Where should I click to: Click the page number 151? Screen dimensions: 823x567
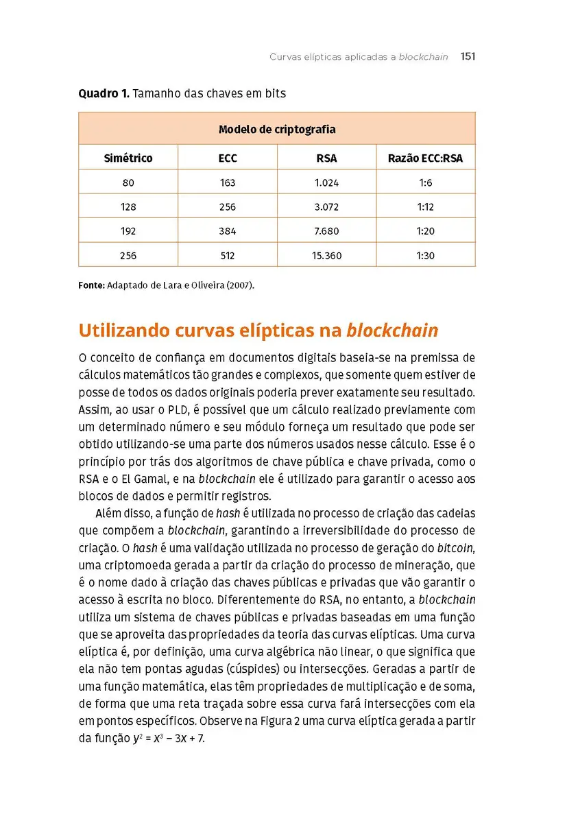click(468, 57)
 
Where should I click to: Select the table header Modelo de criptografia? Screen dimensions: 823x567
click(277, 129)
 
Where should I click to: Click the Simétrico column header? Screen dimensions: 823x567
click(128, 158)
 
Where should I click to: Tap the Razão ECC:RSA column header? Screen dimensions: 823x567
click(425, 158)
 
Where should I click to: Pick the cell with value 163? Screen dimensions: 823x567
click(228, 183)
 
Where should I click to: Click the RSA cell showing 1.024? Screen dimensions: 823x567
click(326, 183)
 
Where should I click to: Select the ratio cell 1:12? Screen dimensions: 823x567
click(425, 207)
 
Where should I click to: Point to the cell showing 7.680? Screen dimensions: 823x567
click(326, 231)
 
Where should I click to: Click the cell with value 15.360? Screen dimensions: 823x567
click(326, 256)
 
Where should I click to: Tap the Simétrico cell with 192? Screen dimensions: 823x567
click(128, 231)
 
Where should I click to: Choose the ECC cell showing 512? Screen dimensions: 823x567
click(228, 256)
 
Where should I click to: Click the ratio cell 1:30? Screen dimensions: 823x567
click(425, 256)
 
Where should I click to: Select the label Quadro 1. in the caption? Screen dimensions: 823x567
click(104, 93)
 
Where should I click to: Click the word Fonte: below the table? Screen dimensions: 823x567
click(92, 285)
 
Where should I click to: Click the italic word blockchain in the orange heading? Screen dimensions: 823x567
click(392, 331)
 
